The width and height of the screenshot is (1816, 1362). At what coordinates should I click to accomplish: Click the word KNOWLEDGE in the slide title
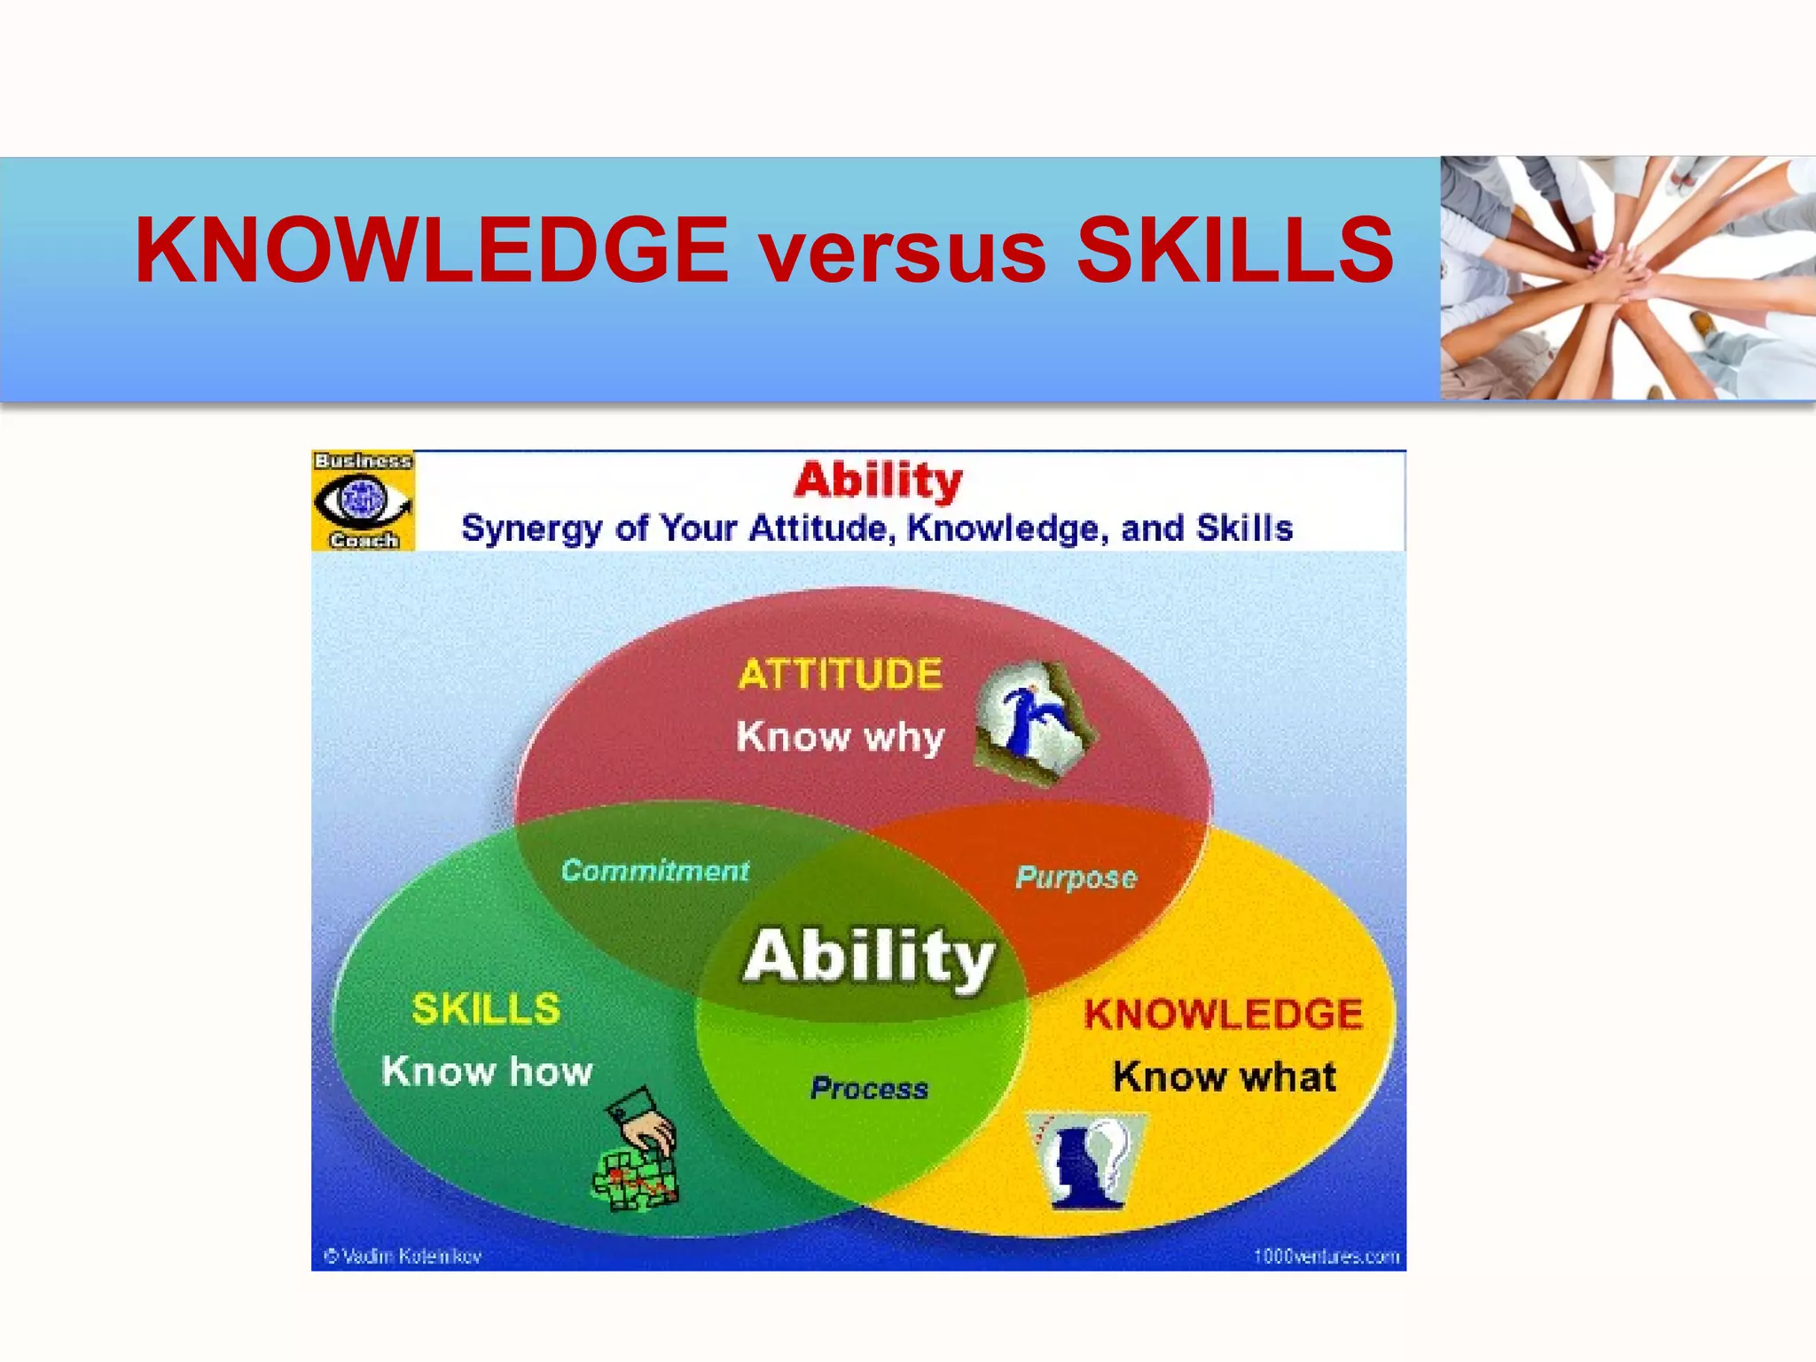click(x=431, y=252)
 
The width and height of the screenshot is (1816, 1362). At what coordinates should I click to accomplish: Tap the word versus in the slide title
click(x=903, y=254)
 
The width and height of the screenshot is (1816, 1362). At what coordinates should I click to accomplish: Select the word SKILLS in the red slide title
click(x=1234, y=252)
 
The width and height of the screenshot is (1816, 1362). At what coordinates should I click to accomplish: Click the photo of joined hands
click(x=1627, y=278)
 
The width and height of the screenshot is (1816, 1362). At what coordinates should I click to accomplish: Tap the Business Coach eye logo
click(x=363, y=500)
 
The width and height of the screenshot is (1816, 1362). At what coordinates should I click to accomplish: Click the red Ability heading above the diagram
click(x=878, y=481)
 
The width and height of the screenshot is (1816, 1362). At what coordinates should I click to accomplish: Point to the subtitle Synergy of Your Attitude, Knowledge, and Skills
click(x=876, y=528)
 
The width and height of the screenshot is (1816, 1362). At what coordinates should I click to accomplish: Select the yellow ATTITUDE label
click(x=840, y=674)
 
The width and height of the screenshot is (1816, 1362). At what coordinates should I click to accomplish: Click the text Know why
click(x=840, y=737)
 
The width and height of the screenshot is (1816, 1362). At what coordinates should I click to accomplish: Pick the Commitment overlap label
click(x=655, y=871)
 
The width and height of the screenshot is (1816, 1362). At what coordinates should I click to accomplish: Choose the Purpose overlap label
click(x=1076, y=877)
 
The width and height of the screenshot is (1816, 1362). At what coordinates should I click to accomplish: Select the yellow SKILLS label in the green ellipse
click(x=486, y=1009)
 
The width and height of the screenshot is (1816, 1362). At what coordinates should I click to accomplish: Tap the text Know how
click(x=487, y=1071)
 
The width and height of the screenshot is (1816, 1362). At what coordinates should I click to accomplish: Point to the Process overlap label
click(x=869, y=1088)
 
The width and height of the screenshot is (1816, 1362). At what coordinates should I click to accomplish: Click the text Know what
click(x=1224, y=1076)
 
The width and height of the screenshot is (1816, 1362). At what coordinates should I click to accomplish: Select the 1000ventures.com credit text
click(x=1326, y=1256)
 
